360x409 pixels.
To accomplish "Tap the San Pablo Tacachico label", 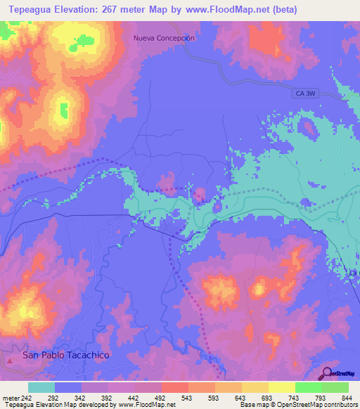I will click(66, 356).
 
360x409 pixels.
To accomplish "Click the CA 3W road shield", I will click(304, 91).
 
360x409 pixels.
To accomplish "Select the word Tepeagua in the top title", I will click(33, 9).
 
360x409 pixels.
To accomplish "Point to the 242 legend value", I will click(27, 397).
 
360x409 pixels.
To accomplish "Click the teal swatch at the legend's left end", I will click(41, 387).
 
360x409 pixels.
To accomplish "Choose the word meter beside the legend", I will click(10, 397).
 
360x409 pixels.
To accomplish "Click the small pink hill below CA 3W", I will click(307, 126).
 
